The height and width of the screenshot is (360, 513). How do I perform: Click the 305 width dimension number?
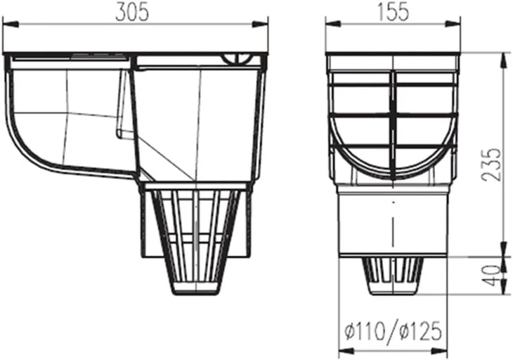coord(132,13)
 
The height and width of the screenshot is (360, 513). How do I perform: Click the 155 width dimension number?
coord(394,13)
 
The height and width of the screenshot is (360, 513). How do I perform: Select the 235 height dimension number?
coord(491,165)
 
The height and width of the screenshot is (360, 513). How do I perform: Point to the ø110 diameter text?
coord(365,331)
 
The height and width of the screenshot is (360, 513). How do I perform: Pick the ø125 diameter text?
coord(421,331)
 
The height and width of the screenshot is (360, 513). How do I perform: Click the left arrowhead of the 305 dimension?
coord(11,24)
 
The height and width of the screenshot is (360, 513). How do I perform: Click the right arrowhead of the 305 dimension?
coord(260,24)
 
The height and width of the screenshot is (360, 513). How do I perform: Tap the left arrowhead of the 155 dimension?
coord(333,24)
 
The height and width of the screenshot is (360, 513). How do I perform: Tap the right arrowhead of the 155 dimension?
coord(453,24)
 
